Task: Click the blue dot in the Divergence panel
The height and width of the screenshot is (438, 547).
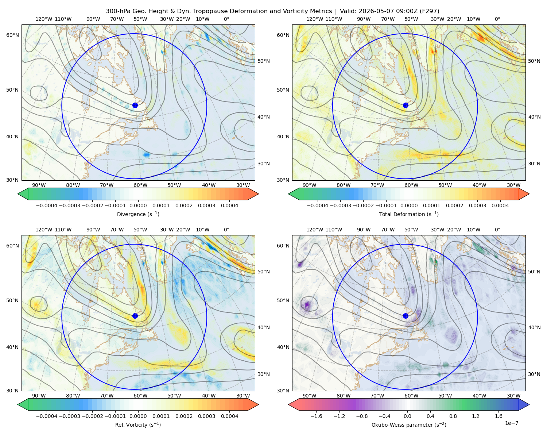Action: point(135,105)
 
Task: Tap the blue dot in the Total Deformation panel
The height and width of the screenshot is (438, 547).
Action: point(406,105)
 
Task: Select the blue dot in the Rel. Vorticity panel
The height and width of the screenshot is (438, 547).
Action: point(135,316)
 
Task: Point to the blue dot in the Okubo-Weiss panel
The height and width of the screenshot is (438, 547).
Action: point(406,316)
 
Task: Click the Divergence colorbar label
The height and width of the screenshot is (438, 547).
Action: point(138,214)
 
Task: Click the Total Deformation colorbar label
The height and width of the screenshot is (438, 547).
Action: point(409,214)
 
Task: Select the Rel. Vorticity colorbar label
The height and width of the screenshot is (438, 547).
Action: point(138,424)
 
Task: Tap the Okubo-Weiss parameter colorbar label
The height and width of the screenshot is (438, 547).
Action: point(409,424)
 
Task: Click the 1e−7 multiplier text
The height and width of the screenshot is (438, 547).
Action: point(511,423)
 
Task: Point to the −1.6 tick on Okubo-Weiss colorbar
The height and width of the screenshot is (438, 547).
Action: point(316,416)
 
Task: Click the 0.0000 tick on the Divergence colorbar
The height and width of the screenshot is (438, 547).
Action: point(138,205)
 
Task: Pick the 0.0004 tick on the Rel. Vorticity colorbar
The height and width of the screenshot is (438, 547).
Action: point(229,416)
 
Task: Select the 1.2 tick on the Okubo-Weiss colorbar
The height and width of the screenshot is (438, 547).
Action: point(476,416)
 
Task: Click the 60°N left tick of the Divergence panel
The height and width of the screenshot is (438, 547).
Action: point(13,35)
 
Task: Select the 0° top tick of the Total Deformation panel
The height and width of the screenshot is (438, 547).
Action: point(497,19)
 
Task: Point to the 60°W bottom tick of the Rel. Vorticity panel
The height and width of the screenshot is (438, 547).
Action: point(140,396)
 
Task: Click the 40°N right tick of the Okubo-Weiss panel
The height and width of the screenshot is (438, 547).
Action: point(534,327)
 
